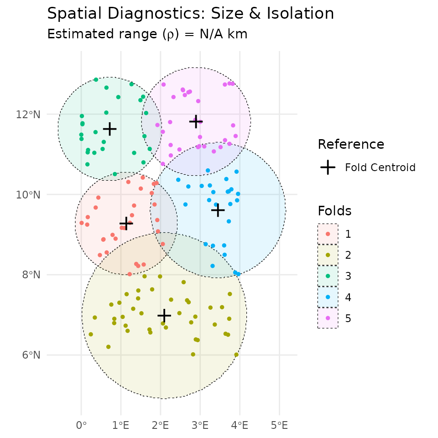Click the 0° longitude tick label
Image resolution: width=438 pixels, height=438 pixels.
[x=81, y=426]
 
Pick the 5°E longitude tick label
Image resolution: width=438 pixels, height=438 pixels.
[x=279, y=426]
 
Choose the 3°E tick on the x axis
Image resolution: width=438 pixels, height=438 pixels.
[x=200, y=426]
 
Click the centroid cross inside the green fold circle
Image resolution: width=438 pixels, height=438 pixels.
[x=109, y=129]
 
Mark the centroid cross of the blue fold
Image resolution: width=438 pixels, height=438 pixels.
[x=218, y=210]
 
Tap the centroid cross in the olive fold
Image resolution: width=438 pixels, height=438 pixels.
[x=164, y=315]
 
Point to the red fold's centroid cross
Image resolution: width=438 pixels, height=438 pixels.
[x=126, y=223]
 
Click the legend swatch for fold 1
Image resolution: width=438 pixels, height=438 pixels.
[x=328, y=234]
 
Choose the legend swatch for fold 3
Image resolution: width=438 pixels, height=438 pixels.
[x=328, y=276]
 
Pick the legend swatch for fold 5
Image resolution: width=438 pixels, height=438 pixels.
[x=328, y=318]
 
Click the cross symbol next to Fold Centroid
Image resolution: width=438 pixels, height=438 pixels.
[x=328, y=167]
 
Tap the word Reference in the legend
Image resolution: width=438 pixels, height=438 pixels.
[x=351, y=144]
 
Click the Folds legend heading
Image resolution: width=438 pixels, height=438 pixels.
[x=334, y=211]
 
